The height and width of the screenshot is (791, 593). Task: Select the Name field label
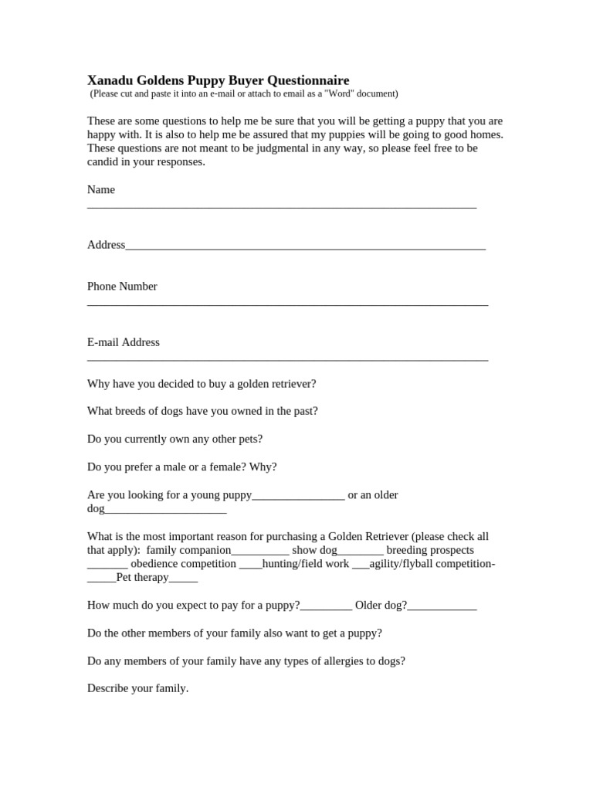tap(101, 189)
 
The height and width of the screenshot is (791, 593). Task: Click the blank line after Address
tap(305, 247)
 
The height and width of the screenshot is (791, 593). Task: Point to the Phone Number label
tap(122, 286)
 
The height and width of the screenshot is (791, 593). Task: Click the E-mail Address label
tap(124, 342)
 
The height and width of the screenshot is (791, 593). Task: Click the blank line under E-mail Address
tap(287, 359)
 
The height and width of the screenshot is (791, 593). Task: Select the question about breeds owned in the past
tap(202, 411)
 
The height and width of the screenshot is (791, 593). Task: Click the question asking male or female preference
tap(181, 467)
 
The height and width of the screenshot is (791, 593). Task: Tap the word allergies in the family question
tap(310, 660)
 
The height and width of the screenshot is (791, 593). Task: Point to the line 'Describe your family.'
tap(137, 687)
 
